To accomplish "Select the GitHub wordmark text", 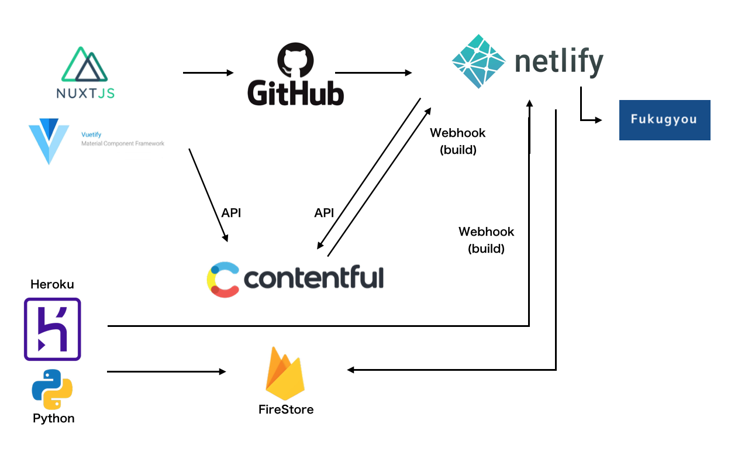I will click(295, 92).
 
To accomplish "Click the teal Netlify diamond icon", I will click(479, 61).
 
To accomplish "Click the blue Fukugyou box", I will click(664, 120).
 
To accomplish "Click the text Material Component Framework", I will click(123, 143).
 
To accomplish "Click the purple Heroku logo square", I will click(52, 329).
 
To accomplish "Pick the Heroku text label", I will click(52, 285).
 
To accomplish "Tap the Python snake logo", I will click(52, 392).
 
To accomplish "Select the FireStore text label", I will click(286, 409).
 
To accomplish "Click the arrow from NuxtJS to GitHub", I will click(208, 73).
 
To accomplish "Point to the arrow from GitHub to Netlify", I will click(373, 73).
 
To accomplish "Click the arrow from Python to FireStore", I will click(167, 371).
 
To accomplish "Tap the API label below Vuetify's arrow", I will click(231, 213).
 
